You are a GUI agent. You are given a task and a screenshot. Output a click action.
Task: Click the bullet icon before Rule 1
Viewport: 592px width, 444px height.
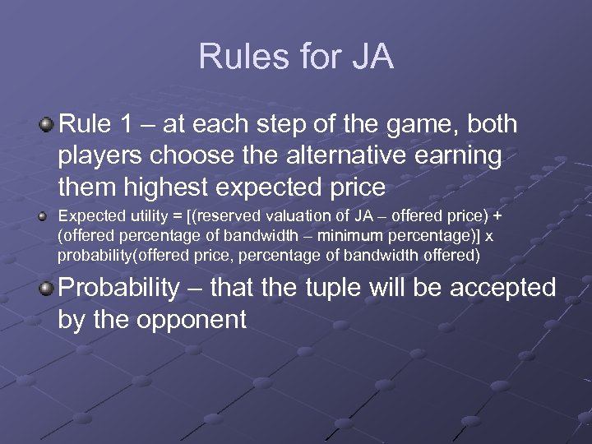click(47, 125)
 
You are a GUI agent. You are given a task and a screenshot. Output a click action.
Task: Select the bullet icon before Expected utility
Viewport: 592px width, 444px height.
click(46, 217)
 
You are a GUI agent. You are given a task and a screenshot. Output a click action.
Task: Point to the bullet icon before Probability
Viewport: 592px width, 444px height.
click(47, 289)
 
